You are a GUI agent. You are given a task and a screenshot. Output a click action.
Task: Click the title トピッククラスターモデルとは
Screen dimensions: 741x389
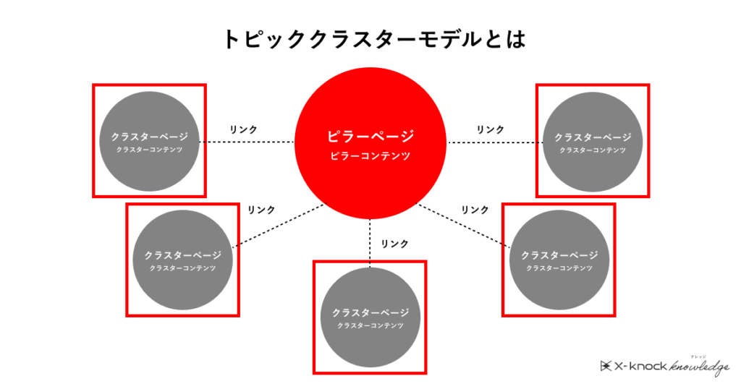[x=374, y=39]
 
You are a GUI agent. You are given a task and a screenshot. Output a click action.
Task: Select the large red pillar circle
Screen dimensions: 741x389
[x=370, y=143]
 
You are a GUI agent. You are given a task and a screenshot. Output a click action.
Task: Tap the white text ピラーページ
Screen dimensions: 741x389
[x=370, y=137]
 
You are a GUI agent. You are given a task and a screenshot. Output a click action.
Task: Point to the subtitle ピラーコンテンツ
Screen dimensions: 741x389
[x=370, y=155]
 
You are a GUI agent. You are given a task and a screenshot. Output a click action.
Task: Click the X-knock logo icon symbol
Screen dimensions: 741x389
[x=606, y=366]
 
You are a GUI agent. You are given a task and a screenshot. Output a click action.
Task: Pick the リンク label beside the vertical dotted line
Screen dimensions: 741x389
[x=394, y=244]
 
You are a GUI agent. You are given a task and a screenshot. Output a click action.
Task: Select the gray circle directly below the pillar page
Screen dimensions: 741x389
[x=370, y=317]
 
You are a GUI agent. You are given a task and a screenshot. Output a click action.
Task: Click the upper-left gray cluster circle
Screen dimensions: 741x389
[x=149, y=141]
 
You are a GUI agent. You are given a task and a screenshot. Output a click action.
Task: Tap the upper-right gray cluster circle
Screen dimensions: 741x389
[x=593, y=142]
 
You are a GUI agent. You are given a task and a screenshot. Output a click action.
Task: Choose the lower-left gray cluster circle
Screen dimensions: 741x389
[x=183, y=260]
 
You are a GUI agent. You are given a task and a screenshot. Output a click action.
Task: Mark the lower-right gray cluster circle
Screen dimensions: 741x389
[x=559, y=260]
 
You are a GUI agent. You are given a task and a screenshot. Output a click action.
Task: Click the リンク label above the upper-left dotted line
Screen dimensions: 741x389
[x=243, y=129]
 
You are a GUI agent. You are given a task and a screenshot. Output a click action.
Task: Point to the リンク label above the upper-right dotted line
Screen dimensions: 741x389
[x=490, y=129]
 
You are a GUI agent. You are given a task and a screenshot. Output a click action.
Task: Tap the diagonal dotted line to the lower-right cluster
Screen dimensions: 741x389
[x=463, y=225]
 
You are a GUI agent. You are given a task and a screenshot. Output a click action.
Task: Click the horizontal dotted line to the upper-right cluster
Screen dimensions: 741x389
[x=495, y=142]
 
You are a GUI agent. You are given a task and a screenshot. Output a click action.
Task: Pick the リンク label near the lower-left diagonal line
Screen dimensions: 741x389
[x=261, y=210]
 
